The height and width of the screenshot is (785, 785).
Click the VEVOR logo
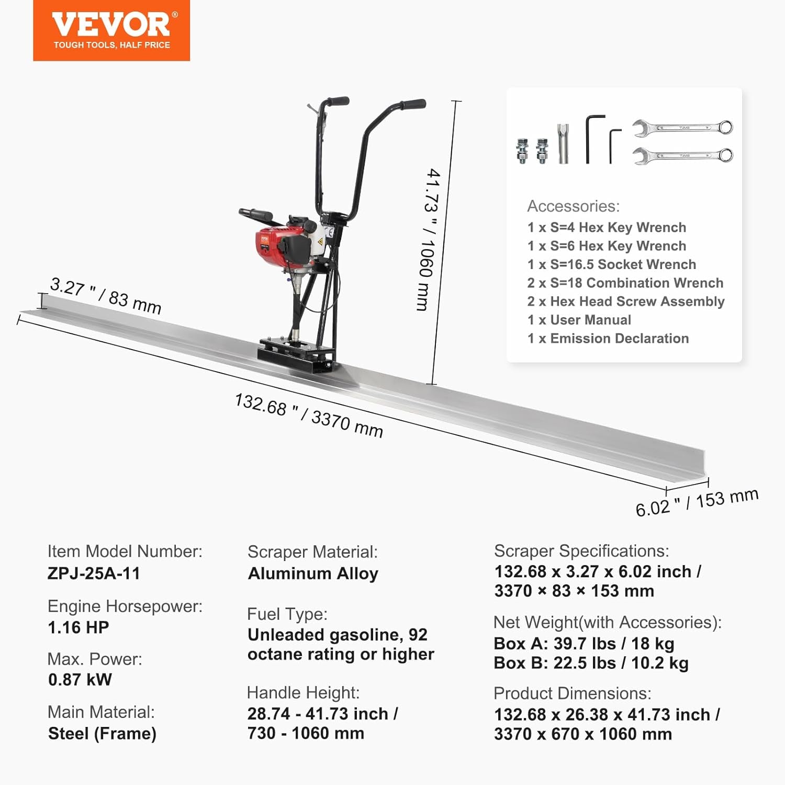click(x=111, y=30)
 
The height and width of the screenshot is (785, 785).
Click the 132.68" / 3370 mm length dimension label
click(x=309, y=416)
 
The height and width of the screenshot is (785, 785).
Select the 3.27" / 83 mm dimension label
click(x=105, y=296)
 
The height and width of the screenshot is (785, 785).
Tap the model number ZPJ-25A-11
click(x=94, y=574)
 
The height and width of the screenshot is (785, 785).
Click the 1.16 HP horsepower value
click(x=78, y=627)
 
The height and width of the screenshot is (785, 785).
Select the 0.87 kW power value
click(x=80, y=680)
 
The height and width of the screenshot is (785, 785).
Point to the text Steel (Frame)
click(x=102, y=734)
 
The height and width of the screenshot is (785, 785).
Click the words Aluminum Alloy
click(x=313, y=574)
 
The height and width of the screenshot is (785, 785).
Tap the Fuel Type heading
click(x=287, y=614)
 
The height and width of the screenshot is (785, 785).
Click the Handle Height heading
click(x=303, y=693)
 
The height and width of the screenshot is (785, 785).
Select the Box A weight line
click(x=584, y=643)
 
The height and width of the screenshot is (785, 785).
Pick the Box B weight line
click(x=591, y=663)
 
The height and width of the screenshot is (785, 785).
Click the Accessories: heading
click(x=573, y=206)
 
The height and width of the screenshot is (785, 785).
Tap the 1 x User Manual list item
click(x=579, y=320)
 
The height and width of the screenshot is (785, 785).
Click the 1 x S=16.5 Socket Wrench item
click(x=611, y=264)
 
